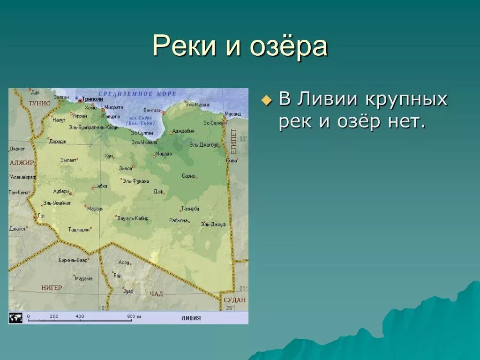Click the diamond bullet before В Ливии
266,100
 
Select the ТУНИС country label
39,103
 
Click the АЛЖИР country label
22,163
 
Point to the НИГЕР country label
51,287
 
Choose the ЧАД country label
156,293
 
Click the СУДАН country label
234,300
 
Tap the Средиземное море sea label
137,94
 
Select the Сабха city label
101,186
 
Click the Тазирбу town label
190,208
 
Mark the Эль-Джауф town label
213,225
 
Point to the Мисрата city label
113,107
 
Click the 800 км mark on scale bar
134,316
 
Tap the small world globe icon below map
15,317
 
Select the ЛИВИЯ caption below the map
191,318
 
